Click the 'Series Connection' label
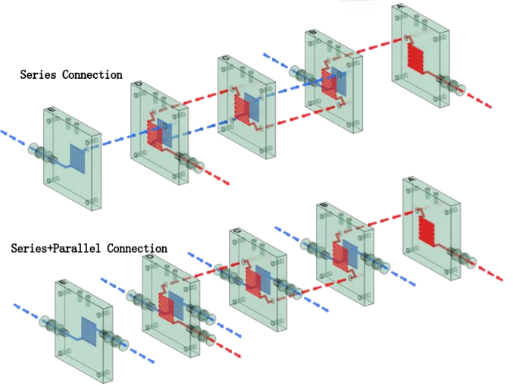[70, 74]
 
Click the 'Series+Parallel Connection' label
[89, 248]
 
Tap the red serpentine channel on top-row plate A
[418, 55]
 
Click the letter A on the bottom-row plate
[411, 180]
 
